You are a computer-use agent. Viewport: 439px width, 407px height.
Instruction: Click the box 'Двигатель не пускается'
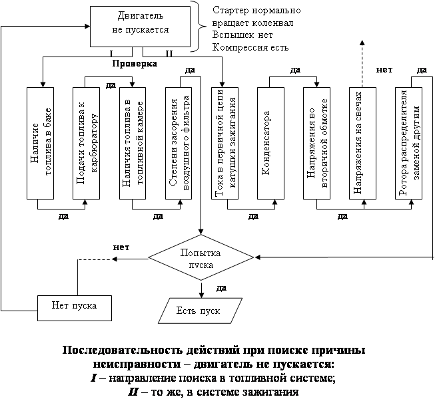(140, 27)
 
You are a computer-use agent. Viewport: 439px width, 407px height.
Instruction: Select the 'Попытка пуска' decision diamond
(201, 257)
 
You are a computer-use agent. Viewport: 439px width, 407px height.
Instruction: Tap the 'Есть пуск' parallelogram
(201, 311)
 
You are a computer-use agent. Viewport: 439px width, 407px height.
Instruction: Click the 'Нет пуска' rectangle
(75, 308)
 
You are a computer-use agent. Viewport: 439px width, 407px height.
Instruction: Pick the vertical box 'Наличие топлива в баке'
(41, 143)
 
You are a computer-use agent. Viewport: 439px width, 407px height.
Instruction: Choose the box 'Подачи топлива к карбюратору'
(86, 143)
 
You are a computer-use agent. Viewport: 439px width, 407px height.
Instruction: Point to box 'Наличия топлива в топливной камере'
(133, 143)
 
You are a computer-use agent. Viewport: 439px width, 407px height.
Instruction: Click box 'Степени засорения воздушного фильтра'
(179, 143)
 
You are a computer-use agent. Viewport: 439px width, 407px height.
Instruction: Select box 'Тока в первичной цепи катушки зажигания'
(224, 143)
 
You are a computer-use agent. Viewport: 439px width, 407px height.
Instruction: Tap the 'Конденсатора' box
(270, 143)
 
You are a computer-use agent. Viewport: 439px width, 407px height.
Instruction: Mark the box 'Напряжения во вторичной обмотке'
(316, 143)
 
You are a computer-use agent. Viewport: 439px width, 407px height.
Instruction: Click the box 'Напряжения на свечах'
(362, 143)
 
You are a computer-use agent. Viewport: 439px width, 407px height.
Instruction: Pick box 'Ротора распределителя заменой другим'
(408, 143)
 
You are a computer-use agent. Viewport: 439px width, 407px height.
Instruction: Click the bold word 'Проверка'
(135, 64)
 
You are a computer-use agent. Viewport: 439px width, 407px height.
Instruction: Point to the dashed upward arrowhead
(362, 42)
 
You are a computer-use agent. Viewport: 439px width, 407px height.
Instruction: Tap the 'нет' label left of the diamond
(121, 247)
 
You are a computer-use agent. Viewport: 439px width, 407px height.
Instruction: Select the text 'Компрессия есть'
(250, 47)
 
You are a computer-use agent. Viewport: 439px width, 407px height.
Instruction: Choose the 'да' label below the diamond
(221, 288)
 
